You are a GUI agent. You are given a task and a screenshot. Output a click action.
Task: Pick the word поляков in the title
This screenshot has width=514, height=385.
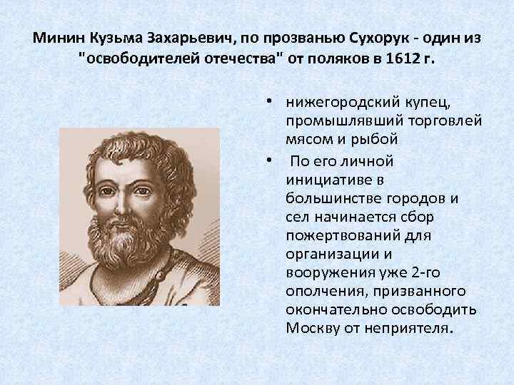(x=340, y=59)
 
